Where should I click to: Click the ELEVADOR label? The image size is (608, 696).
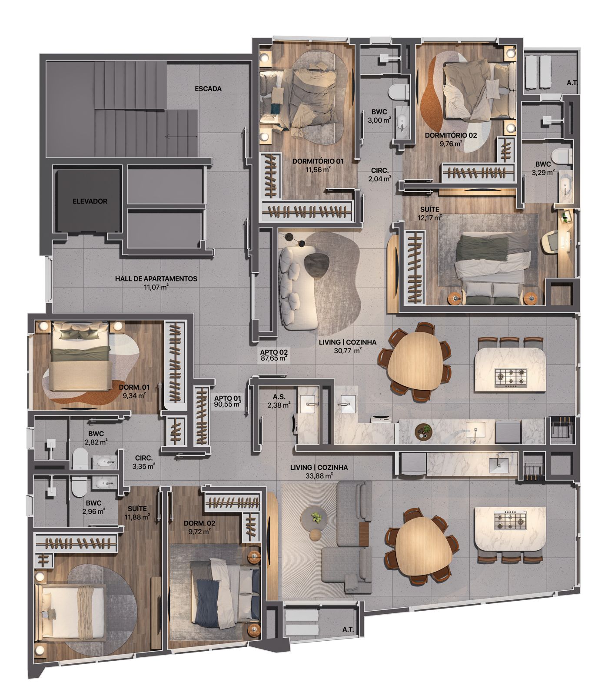tap(90, 201)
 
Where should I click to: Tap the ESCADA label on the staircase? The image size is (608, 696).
tap(208, 89)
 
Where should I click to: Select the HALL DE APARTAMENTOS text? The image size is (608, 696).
tap(156, 279)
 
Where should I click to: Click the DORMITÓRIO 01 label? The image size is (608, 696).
tap(318, 161)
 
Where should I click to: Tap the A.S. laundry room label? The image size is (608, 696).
tap(279, 397)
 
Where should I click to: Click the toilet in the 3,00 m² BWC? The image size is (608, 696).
tap(399, 92)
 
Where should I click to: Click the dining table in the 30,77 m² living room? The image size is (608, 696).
tap(416, 361)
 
